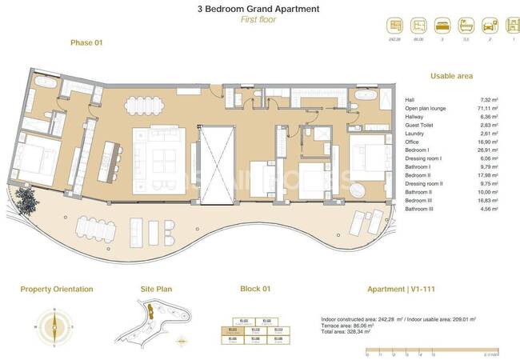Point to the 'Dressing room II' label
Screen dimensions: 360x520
click(424, 183)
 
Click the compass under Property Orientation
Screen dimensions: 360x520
click(55, 325)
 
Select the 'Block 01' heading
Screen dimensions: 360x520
click(256, 289)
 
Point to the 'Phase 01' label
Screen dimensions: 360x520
click(86, 42)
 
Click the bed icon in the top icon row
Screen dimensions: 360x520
click(442, 26)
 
